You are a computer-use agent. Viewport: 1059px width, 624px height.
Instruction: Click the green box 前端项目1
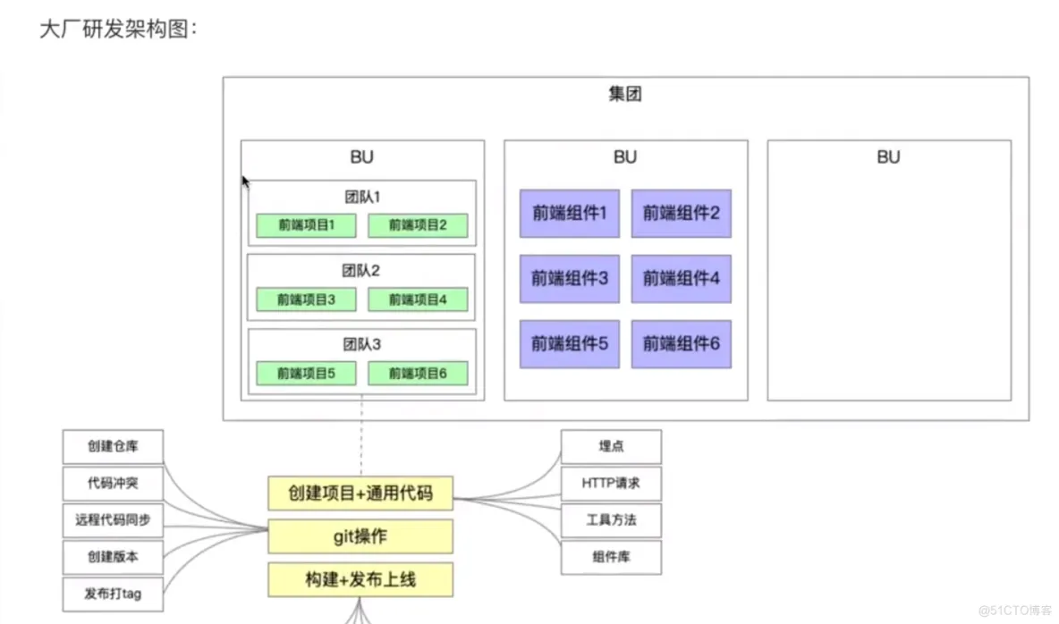[x=306, y=225]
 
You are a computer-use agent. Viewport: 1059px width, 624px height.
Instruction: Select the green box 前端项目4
[x=417, y=299]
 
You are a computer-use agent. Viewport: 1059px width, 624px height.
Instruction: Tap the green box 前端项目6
[x=417, y=374]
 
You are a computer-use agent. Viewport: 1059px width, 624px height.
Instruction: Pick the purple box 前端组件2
[x=681, y=213]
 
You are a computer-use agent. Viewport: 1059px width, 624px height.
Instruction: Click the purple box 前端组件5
[x=570, y=343]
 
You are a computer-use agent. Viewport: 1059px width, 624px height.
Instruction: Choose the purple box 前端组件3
[x=570, y=278]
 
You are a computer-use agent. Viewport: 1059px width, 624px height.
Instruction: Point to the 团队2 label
[x=361, y=270]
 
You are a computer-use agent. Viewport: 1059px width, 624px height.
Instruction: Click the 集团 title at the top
[x=624, y=95]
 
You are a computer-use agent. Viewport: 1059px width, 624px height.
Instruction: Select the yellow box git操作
[x=360, y=536]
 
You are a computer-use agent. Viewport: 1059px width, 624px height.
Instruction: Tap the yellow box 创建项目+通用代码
[x=360, y=493]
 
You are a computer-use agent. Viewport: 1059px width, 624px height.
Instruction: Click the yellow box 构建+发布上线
[x=360, y=580]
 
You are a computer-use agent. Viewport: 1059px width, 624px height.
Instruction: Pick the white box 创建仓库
[x=113, y=446]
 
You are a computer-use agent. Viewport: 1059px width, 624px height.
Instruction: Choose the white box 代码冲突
[x=113, y=483]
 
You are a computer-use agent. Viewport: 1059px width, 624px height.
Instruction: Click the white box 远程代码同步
[x=113, y=519]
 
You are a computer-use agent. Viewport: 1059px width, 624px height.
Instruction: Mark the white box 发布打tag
[x=113, y=594]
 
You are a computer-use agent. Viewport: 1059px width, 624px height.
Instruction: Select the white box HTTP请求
[x=611, y=484]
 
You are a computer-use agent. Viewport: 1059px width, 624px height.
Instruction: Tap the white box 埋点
[x=611, y=446]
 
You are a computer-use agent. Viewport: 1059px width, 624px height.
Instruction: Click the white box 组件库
[x=611, y=557]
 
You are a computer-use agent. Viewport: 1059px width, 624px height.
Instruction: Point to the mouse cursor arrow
[x=245, y=181]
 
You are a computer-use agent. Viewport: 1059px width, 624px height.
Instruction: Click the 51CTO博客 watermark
[x=1014, y=611]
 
